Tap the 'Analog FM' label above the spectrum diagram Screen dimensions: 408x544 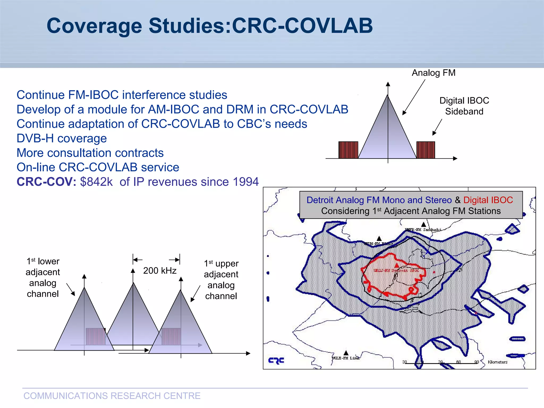(433, 73)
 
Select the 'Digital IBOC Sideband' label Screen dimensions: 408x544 (464, 106)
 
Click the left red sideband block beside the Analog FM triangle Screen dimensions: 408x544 (348, 150)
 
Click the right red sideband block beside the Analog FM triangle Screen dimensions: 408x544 (426, 150)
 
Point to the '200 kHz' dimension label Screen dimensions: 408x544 (160, 271)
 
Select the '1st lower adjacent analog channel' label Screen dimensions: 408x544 (43, 277)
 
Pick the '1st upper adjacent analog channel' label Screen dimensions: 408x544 (221, 279)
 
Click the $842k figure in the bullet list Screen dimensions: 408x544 (96, 182)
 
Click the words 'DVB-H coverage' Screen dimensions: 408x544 (62, 138)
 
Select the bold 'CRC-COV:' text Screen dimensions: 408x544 (46, 182)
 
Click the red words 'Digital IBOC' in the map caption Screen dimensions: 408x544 (488, 200)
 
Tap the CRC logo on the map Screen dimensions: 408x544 (276, 360)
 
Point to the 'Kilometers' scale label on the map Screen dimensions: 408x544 (497, 362)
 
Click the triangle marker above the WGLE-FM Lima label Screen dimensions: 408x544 (346, 353)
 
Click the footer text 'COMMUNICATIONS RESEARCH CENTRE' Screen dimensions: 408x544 (112, 396)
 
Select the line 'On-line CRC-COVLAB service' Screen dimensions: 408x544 (98, 167)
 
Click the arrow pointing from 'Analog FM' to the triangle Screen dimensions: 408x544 (414, 97)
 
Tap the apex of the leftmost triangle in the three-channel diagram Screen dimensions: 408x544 (84, 288)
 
